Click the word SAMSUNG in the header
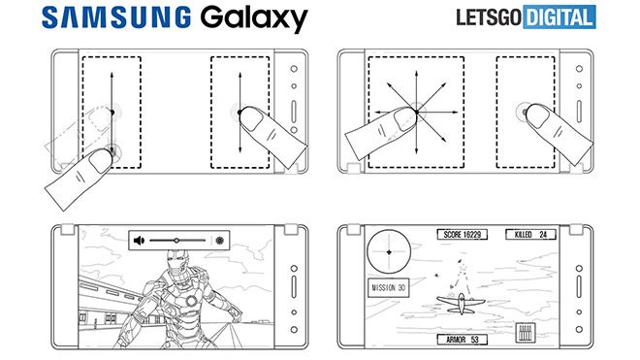coord(102,18)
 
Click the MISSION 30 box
coord(388,288)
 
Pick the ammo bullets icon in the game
coord(529,333)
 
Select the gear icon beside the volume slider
coord(220,239)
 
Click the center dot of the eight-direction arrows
coord(418,114)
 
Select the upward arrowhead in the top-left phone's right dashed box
coord(239,71)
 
